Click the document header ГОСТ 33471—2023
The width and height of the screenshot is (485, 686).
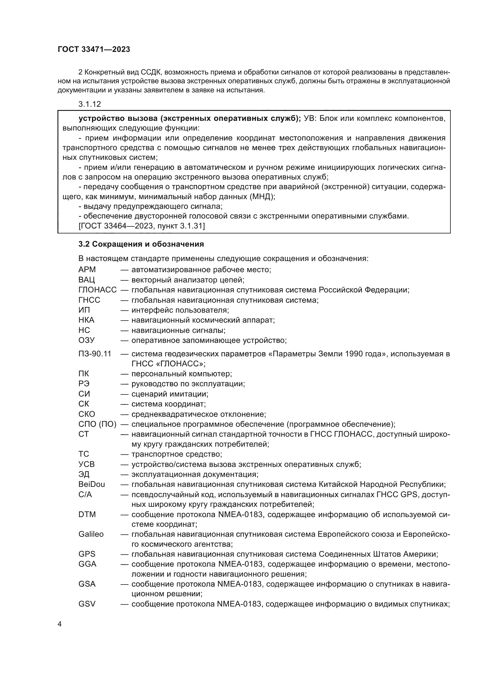94,50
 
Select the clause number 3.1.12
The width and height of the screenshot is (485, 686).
90,104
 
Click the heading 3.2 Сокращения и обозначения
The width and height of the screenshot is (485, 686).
141,244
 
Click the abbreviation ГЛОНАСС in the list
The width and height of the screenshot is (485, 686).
97,290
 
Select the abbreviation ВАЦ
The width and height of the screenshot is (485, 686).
87,280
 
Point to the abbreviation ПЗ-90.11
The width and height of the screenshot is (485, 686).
95,354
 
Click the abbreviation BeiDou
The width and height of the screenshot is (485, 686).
92,484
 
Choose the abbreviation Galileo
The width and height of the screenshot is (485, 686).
91,534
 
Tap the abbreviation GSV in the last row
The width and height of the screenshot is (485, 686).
87,604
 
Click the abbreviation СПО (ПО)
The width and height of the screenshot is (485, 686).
97,424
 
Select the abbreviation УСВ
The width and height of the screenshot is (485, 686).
87,464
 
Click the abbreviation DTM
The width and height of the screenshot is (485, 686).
87,514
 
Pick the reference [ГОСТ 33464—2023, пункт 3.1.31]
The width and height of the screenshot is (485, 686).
142,226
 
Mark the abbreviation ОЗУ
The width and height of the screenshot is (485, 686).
87,340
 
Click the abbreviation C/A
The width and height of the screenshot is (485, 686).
85,494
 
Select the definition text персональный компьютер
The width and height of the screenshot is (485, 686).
181,374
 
